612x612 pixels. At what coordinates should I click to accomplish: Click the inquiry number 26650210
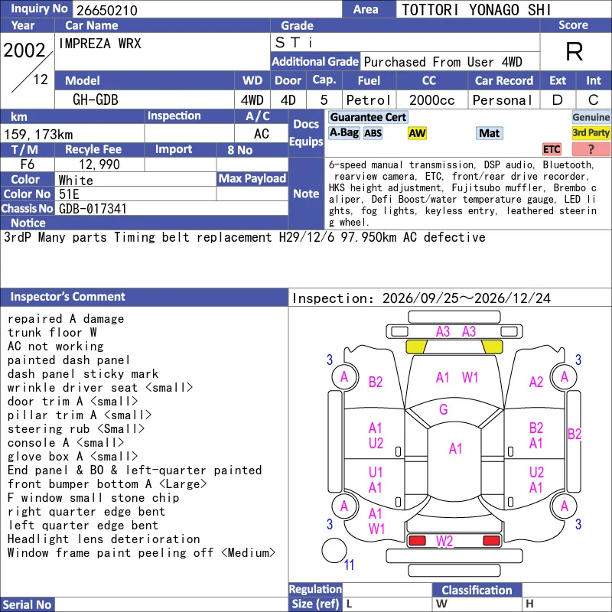[107, 10]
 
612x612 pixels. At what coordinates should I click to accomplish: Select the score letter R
[575, 51]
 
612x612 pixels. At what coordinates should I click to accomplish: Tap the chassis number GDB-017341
[93, 208]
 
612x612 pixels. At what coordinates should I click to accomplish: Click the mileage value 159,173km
[39, 135]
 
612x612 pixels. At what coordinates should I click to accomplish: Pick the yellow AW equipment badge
[417, 133]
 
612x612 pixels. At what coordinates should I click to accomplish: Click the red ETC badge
[552, 149]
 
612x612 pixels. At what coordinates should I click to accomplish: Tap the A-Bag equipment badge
[343, 133]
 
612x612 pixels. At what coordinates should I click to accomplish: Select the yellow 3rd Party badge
[591, 133]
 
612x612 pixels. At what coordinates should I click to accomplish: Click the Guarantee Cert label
[368, 117]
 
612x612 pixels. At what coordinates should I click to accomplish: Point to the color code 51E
[69, 194]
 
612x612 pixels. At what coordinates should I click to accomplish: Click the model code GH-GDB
[96, 100]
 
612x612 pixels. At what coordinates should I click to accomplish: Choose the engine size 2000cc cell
[431, 100]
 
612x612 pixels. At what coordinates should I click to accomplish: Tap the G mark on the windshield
[444, 409]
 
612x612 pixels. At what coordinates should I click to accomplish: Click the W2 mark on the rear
[444, 541]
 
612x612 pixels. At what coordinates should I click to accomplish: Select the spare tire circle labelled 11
[334, 550]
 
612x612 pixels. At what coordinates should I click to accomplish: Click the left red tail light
[417, 541]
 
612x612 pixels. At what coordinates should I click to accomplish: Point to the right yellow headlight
[492, 347]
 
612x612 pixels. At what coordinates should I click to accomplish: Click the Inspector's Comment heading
[68, 297]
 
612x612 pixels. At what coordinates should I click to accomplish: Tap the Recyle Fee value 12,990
[99, 164]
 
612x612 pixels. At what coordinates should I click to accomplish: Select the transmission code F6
[28, 164]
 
